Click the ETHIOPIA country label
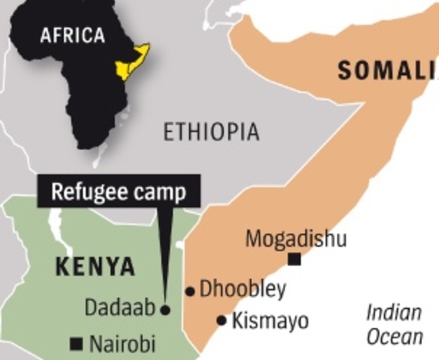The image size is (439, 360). click(212, 133)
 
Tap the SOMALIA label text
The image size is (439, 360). click(387, 72)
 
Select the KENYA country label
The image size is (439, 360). click(95, 266)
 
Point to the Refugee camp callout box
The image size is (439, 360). click(119, 192)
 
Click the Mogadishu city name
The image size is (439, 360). click(296, 239)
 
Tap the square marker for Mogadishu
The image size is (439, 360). click(295, 259)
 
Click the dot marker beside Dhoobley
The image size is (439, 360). click(191, 291)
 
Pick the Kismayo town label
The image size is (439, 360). click(269, 321)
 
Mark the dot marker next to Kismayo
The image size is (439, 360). click(221, 321)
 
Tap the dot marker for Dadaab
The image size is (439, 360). click(166, 308)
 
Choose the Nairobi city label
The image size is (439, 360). click(122, 345)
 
